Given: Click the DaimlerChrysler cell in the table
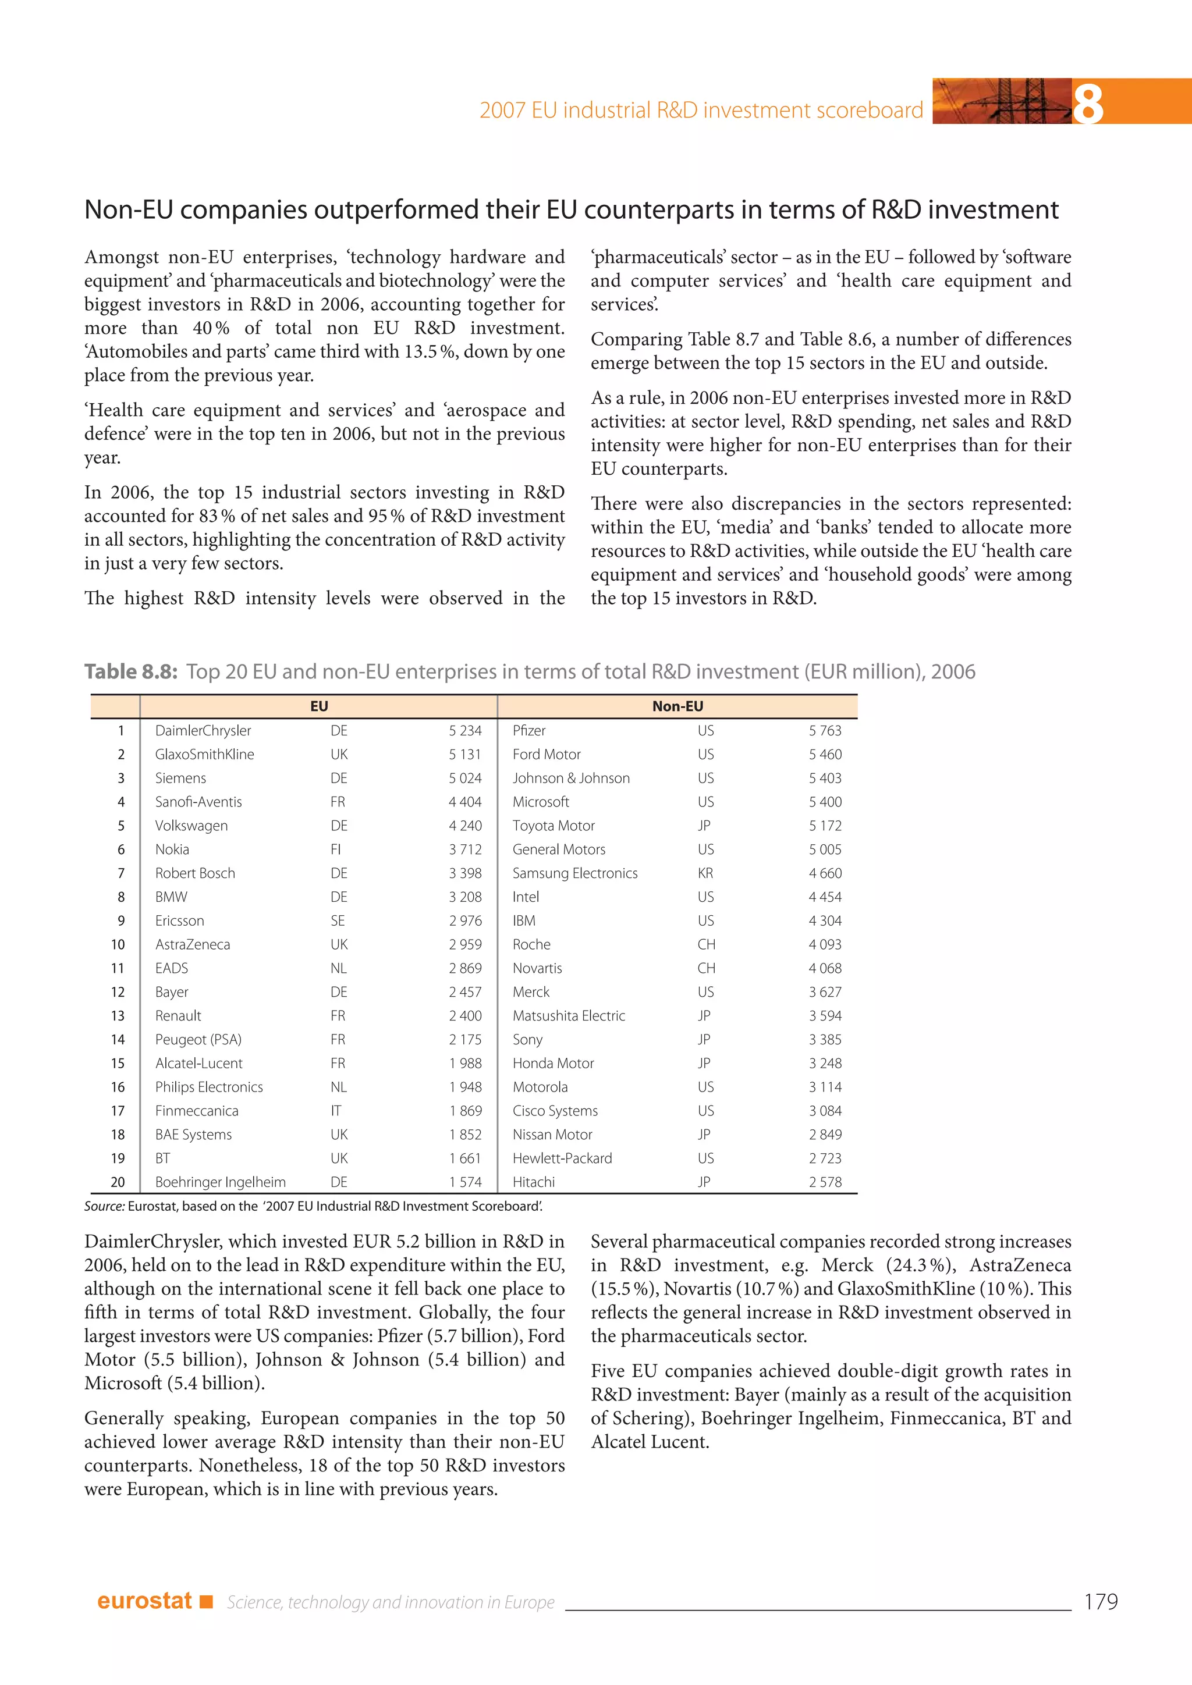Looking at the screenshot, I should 203,730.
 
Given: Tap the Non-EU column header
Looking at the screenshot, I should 677,706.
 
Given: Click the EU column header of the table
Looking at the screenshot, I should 318,706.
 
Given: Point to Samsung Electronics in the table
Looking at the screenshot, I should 574,873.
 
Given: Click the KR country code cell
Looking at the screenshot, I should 705,873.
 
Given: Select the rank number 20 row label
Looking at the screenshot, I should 118,1182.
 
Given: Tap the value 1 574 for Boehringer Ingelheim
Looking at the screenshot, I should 466,1182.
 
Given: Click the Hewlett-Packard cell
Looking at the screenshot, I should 562,1158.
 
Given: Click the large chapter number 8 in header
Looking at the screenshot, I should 1088,103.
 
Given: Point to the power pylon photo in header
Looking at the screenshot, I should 1001,101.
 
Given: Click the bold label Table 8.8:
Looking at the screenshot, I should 130,671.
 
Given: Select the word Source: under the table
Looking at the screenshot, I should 104,1206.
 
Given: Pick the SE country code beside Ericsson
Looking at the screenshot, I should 338,920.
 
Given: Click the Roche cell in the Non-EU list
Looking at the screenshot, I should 531,944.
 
